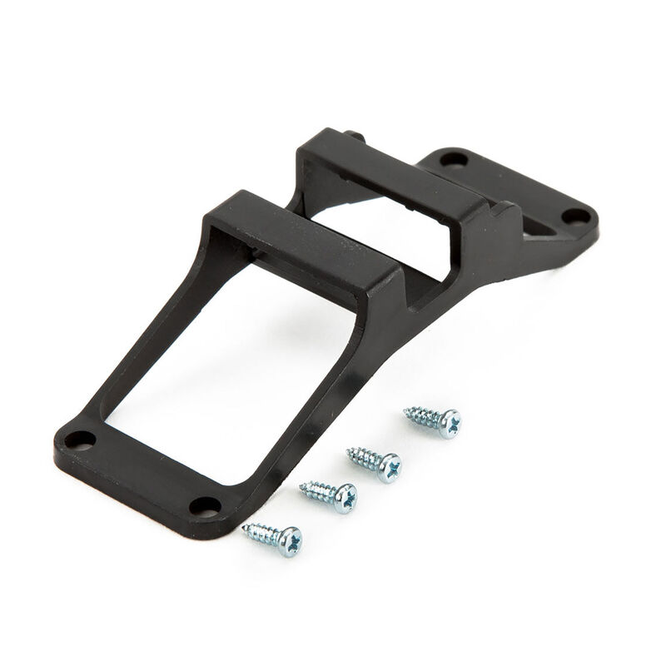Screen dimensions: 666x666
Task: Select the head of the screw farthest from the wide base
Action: (x=448, y=423)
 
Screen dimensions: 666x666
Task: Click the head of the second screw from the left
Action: (x=342, y=497)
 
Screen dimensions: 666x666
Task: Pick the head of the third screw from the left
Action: (x=387, y=466)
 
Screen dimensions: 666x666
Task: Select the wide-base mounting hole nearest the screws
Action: (x=203, y=505)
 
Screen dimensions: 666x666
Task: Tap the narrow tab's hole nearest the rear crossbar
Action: (x=454, y=158)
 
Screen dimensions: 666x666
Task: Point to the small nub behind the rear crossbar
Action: (x=357, y=135)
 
